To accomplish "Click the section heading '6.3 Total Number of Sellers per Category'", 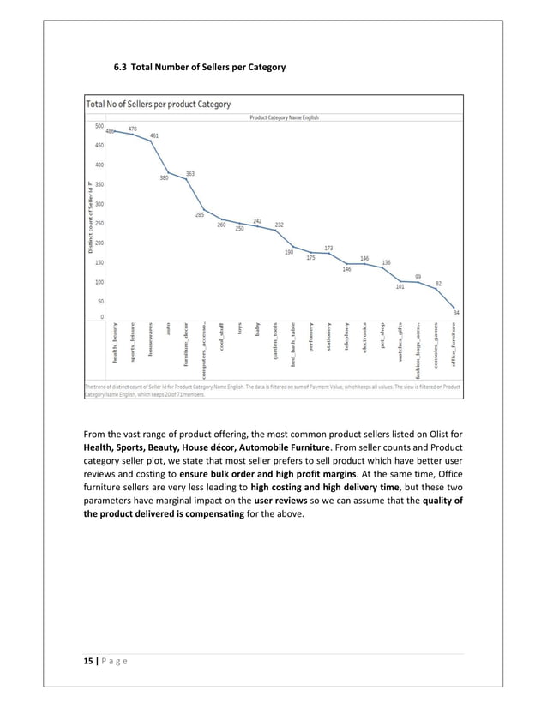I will (x=201, y=67).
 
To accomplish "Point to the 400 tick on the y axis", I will (x=99, y=165).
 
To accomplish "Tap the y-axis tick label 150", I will (x=99, y=262).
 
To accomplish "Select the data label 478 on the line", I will (x=132, y=129).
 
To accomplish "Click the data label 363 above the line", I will (x=189, y=173).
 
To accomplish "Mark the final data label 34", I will (x=455, y=313).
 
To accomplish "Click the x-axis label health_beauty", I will (x=114, y=349).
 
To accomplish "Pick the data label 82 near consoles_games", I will (x=438, y=283).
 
